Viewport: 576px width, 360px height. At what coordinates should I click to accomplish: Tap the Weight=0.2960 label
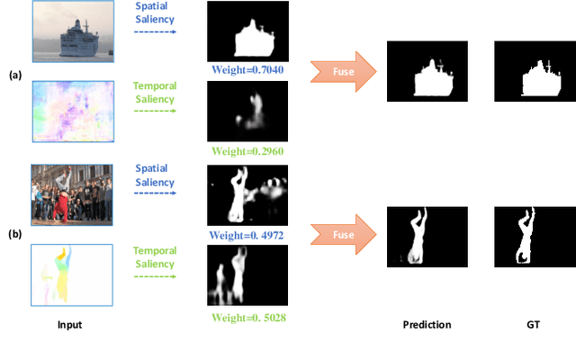(247, 150)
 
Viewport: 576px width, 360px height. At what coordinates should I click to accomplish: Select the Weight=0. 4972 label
(247, 234)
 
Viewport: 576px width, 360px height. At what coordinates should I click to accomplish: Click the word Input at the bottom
(69, 323)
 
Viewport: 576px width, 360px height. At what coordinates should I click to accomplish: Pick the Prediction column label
(427, 323)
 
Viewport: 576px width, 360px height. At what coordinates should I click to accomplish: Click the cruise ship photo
(71, 33)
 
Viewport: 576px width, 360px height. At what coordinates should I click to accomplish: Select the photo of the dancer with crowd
(71, 193)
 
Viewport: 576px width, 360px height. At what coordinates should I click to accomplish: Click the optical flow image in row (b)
(71, 274)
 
